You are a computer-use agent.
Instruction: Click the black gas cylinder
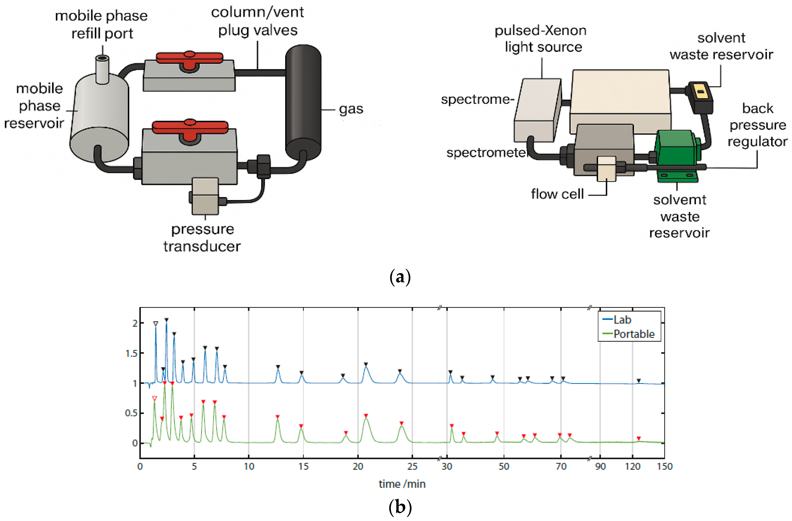pyautogui.click(x=303, y=103)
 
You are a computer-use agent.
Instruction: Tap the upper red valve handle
pyautogui.click(x=189, y=58)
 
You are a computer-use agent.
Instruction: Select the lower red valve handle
pyautogui.click(x=190, y=126)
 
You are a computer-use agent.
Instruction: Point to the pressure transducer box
pyautogui.click(x=205, y=196)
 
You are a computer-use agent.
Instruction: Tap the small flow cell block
pyautogui.click(x=606, y=168)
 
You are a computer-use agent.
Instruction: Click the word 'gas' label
pyautogui.click(x=351, y=109)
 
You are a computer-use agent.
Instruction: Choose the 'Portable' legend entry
pyautogui.click(x=633, y=334)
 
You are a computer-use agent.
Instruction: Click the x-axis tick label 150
pyautogui.click(x=664, y=466)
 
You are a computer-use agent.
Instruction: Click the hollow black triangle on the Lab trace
pyautogui.click(x=156, y=323)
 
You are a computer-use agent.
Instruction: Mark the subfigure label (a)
pyautogui.click(x=400, y=277)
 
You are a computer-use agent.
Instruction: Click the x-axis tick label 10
pyautogui.click(x=249, y=466)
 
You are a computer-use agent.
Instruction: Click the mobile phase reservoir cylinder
pyautogui.click(x=99, y=120)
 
